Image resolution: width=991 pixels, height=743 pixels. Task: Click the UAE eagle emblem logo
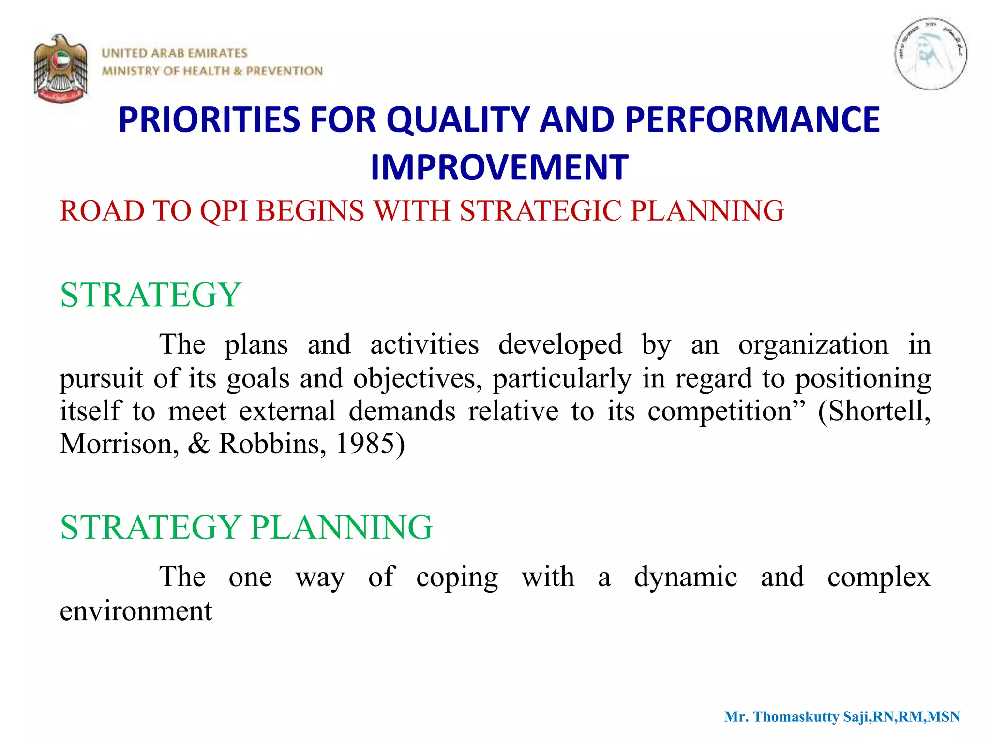(x=61, y=68)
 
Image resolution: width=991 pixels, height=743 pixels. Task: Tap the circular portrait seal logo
(x=930, y=54)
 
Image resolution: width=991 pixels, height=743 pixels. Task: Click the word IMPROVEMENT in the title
(x=499, y=167)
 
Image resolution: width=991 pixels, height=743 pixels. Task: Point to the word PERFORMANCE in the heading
(x=752, y=119)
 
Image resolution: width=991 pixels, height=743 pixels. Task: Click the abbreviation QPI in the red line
(x=224, y=211)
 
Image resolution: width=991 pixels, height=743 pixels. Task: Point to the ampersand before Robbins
(x=199, y=444)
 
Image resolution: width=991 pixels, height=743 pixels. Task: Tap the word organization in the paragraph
(x=813, y=345)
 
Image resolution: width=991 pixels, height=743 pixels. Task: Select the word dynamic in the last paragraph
(x=685, y=577)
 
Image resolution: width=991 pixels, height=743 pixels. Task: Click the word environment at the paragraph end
(x=136, y=611)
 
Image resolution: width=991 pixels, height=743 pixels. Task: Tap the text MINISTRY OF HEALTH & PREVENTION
(x=212, y=71)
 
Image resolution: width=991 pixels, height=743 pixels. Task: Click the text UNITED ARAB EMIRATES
(x=174, y=53)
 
